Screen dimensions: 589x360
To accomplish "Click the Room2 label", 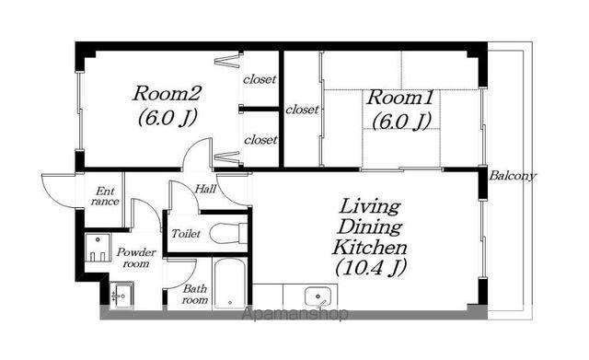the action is tap(167, 94).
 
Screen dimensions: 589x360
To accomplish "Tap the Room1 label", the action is tap(400, 98).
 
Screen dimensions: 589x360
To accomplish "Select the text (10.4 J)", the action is tap(371, 268).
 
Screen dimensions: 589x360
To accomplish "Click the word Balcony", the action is tap(514, 176).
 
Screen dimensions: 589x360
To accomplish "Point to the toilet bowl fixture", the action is tap(225, 233).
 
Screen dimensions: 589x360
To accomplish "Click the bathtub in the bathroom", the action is tap(229, 283).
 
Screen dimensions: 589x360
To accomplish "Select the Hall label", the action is tap(205, 189).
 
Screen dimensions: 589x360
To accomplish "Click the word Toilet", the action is tap(186, 234).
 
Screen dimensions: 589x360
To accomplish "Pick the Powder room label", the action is tap(136, 258).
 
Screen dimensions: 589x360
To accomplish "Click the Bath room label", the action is tap(195, 295).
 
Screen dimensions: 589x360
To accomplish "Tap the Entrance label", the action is tap(105, 196).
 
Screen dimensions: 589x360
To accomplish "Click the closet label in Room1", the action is tap(302, 110).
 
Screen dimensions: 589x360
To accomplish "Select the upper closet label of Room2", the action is tap(260, 79).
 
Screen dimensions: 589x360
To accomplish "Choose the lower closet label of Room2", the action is tap(260, 140).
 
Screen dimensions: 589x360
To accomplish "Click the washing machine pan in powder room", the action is tap(98, 248).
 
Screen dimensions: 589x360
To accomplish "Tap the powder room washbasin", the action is tap(121, 295).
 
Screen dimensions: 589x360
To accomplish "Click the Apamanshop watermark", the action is tap(294, 314).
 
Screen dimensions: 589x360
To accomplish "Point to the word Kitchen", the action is tap(370, 248).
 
